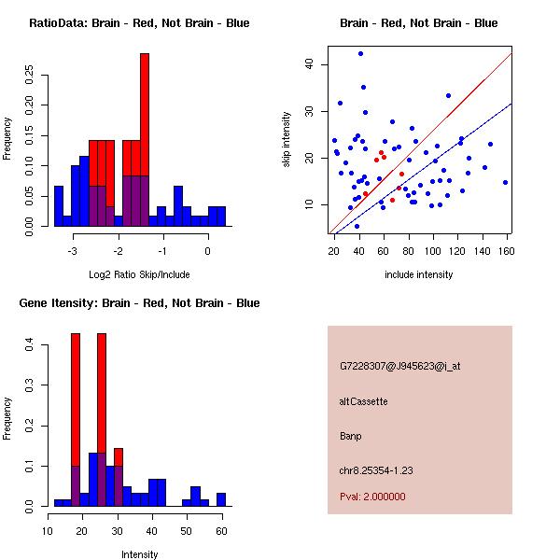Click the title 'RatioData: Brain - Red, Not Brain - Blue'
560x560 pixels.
pos(139,23)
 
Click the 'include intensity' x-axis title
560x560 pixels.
pos(419,274)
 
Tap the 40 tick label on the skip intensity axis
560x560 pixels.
pos(310,64)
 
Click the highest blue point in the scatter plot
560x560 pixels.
pos(360,54)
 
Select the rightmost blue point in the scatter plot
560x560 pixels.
pos(505,182)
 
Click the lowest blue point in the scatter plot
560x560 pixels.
pos(357,226)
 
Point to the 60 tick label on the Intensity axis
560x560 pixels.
pos(221,531)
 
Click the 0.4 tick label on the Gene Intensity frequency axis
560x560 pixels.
pos(32,345)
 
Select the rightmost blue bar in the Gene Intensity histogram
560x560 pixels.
pos(221,499)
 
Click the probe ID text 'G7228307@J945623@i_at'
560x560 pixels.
pos(400,366)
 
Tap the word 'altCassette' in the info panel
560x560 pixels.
pos(364,401)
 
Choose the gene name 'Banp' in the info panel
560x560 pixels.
pos(352,436)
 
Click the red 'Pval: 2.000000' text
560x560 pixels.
pos(373,497)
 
